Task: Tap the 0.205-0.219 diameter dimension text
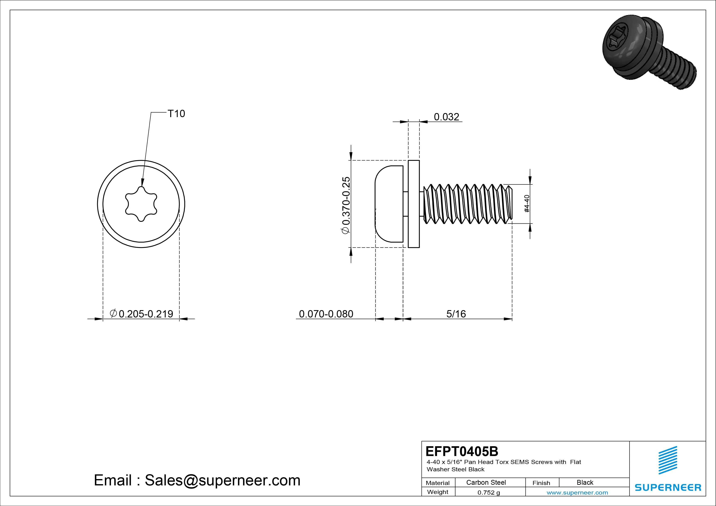point(142,314)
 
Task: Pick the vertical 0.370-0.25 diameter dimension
point(346,205)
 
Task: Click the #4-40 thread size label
point(527,204)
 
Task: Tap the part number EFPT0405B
point(462,451)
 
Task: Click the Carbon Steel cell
point(486,482)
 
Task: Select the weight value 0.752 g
point(489,493)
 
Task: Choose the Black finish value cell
point(585,482)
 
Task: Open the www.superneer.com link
point(577,493)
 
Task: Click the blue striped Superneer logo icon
point(668,460)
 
